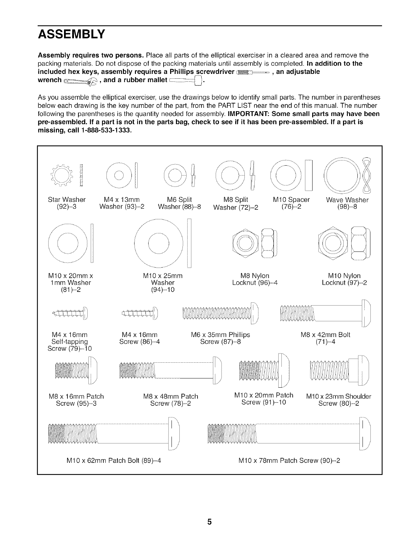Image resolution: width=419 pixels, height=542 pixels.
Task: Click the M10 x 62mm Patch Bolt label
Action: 114,460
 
